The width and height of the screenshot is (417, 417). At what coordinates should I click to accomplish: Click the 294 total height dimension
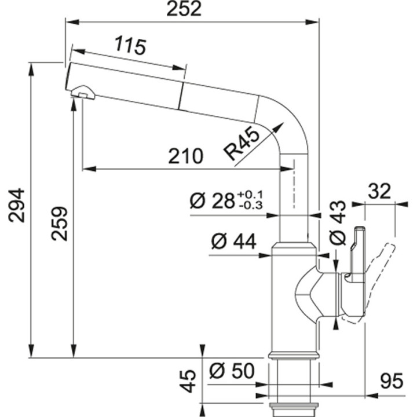pos(17,205)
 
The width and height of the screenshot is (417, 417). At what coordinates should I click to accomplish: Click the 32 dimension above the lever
pos(379,191)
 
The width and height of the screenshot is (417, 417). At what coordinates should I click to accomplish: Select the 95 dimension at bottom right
pos(392,382)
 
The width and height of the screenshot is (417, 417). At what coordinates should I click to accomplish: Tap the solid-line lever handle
pos(356,255)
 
